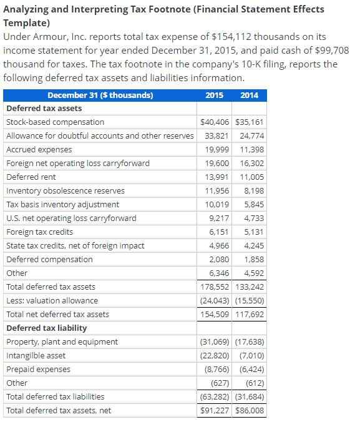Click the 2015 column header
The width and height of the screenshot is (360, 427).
click(215, 96)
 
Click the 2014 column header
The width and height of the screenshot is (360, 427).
click(249, 96)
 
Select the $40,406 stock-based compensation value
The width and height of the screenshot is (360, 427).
click(215, 122)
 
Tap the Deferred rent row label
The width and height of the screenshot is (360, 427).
click(31, 177)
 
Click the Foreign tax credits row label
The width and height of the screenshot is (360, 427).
click(39, 232)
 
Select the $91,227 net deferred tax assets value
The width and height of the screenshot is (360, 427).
click(215, 411)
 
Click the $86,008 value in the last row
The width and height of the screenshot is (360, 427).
click(250, 411)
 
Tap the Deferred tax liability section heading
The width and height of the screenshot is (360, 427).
click(46, 328)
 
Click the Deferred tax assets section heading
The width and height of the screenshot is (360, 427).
click(44, 109)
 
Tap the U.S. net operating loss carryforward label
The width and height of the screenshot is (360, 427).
click(71, 218)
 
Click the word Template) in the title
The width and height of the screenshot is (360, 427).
click(27, 22)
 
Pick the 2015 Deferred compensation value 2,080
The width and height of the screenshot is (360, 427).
click(219, 260)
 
